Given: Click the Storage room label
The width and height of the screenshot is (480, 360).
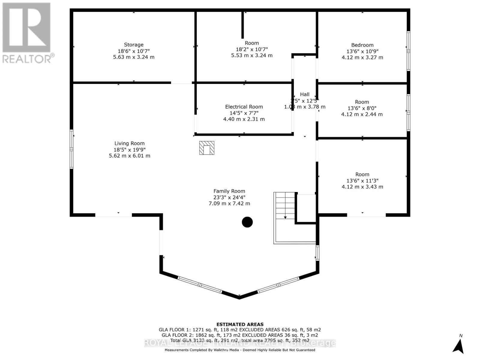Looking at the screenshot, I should point(134,45).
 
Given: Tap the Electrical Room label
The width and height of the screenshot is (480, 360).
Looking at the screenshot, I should point(244,107).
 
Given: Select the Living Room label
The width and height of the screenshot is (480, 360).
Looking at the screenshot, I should point(129,143).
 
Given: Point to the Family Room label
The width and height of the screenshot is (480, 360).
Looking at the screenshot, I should point(229,191).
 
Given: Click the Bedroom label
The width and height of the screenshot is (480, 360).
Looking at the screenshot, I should point(362,45).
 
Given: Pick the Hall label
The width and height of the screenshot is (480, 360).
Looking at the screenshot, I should point(304,94).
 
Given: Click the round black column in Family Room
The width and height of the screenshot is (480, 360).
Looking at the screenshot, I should point(247,222).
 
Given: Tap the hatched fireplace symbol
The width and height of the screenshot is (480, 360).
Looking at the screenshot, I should point(207,148).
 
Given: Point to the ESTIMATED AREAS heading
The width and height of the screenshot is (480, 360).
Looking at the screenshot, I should point(240,324).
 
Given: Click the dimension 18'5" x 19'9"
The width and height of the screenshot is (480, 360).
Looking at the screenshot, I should point(129,150).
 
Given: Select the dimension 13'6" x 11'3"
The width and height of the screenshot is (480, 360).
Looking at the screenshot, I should point(362,181).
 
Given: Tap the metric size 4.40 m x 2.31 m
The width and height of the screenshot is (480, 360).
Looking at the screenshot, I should point(244,119).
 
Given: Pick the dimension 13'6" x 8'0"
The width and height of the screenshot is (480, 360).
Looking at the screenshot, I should point(362,108).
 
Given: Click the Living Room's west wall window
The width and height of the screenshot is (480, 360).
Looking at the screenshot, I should point(71,149).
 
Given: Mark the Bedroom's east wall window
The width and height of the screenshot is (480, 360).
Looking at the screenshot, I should point(408,51).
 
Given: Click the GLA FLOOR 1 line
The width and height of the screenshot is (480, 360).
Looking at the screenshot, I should point(240,330).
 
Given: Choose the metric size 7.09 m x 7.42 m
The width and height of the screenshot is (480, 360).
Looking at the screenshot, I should point(229,203).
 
